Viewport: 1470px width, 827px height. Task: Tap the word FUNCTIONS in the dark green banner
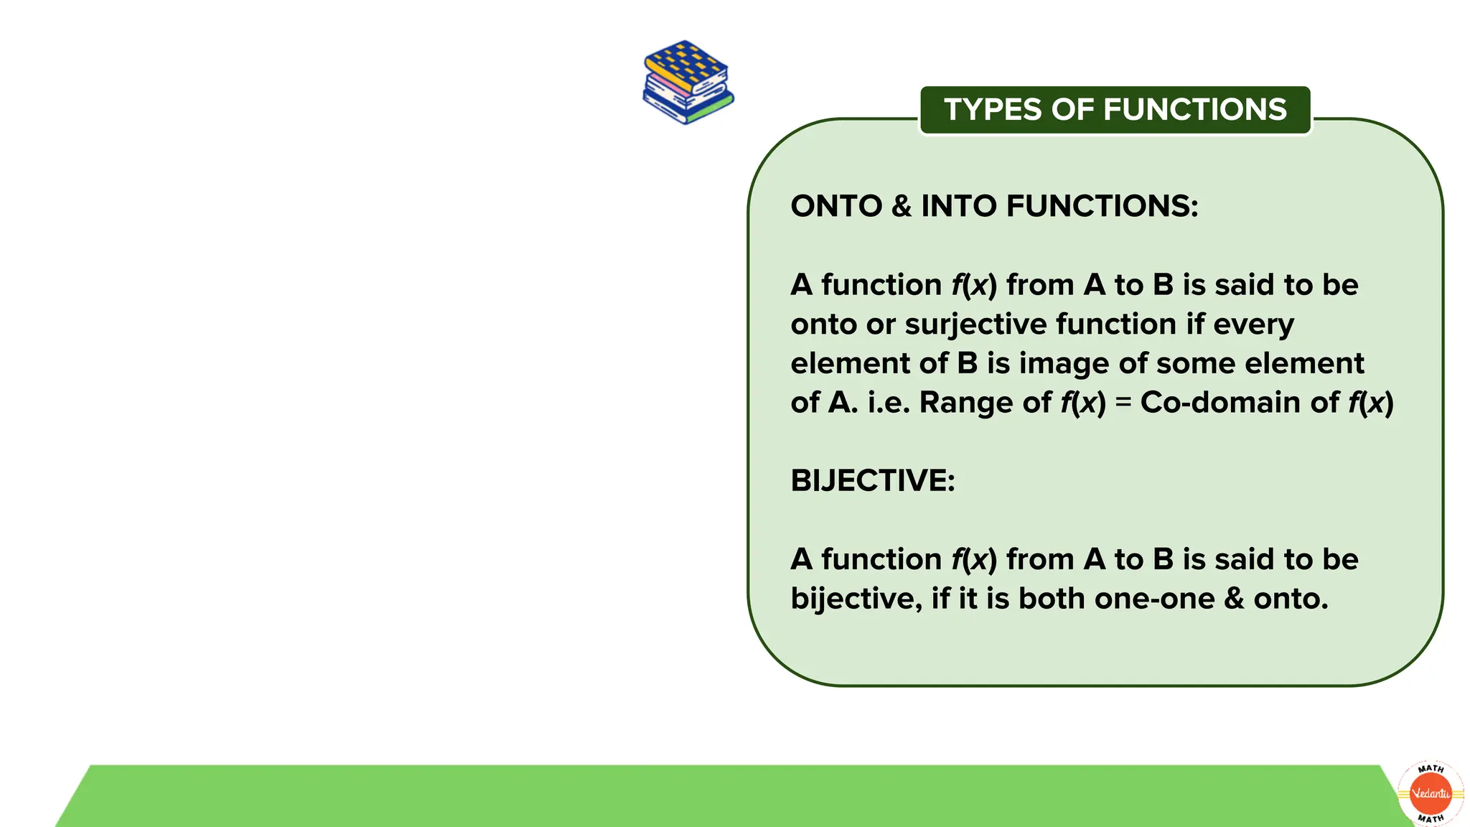tap(1195, 110)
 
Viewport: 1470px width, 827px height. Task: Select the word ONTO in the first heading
tap(835, 207)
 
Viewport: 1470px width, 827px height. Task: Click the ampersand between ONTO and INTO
tap(901, 207)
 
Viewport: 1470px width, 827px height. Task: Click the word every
tap(1253, 324)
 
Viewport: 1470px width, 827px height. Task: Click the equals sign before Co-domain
tap(1123, 403)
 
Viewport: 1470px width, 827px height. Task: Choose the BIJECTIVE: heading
tap(873, 481)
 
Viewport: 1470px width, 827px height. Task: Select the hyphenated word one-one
tap(1155, 599)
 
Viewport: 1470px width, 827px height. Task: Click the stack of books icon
tap(688, 82)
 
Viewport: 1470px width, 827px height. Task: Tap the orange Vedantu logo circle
tap(1431, 793)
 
